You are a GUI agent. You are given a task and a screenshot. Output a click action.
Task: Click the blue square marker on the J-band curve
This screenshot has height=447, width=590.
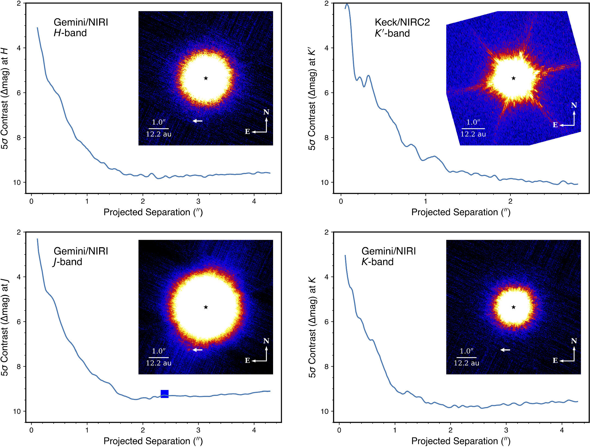click(164, 394)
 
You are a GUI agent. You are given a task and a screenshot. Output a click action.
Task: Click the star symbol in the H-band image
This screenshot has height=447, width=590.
click(206, 78)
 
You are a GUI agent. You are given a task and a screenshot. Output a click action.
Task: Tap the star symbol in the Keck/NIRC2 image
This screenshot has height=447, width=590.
click(513, 78)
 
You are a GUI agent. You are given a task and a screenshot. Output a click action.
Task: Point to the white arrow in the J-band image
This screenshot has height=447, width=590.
click(198, 350)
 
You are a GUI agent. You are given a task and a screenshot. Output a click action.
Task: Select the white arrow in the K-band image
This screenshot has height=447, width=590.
click(505, 350)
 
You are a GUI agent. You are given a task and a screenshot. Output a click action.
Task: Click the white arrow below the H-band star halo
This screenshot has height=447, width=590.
click(198, 121)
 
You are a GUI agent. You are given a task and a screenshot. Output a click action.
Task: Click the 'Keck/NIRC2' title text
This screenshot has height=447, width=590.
click(402, 22)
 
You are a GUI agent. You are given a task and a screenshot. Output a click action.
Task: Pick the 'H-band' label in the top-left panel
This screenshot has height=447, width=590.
click(70, 33)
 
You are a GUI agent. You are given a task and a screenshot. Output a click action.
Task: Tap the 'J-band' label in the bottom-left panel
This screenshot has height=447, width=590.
click(68, 262)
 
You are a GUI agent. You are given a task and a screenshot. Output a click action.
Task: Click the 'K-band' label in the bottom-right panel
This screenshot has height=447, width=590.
click(377, 262)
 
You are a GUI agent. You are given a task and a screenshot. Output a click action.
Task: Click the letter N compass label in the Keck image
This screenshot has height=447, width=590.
click(574, 105)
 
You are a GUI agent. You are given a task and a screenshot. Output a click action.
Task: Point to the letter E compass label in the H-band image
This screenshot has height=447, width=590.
click(247, 132)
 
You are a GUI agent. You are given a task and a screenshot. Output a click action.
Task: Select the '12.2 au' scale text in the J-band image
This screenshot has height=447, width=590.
click(159, 363)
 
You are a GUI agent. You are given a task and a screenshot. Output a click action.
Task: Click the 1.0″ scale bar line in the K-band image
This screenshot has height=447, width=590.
click(466, 358)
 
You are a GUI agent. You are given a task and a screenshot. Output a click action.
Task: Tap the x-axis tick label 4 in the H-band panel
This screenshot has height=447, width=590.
click(254, 201)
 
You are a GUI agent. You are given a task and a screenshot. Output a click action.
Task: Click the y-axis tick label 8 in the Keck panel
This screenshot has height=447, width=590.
click(327, 138)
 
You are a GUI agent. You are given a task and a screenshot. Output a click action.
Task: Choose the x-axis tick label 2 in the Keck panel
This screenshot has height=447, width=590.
click(510, 201)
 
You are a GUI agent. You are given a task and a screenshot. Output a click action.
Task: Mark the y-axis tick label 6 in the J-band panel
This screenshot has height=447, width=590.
click(19, 322)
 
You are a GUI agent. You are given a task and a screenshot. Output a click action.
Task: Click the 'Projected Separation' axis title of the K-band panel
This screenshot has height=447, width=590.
click(461, 441)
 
